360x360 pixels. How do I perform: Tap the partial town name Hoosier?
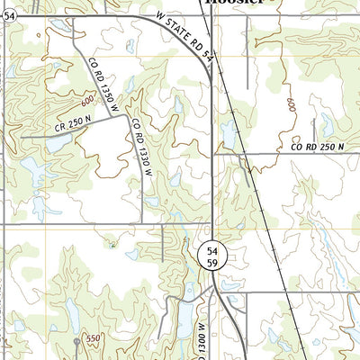click(236, 3)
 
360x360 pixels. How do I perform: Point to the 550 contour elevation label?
click(92, 339)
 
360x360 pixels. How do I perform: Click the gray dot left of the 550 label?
click(76, 342)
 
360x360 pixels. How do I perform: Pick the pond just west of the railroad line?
click(228, 135)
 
